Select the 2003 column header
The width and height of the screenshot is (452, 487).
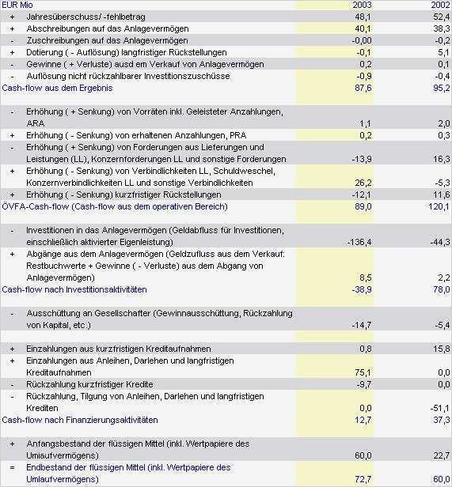pyautogui.click(x=363, y=5)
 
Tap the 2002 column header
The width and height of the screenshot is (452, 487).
pyautogui.click(x=441, y=5)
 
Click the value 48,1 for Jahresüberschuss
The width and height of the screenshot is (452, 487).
pyautogui.click(x=363, y=17)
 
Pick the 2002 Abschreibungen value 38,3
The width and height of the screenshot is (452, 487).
pyautogui.click(x=442, y=28)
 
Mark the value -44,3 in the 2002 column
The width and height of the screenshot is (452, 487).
pyautogui.click(x=439, y=242)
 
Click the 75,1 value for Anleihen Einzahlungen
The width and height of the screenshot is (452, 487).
pyautogui.click(x=363, y=372)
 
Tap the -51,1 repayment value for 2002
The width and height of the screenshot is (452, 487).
pyautogui.click(x=439, y=407)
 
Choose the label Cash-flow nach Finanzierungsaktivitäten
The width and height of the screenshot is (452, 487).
pyautogui.click(x=80, y=419)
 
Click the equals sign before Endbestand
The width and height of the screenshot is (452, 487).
pyautogui.click(x=12, y=467)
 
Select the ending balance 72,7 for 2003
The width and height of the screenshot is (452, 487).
pyautogui.click(x=363, y=479)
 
